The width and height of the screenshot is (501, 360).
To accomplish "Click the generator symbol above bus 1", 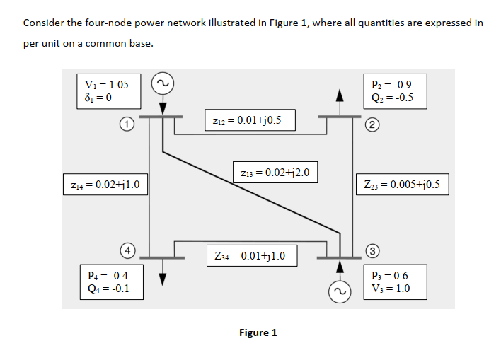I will click(x=163, y=83).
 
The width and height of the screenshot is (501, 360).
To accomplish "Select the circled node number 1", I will click(x=125, y=126).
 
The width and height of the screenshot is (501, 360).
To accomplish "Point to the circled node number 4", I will click(x=125, y=250).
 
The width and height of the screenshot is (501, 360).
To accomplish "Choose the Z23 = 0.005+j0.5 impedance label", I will click(x=402, y=185).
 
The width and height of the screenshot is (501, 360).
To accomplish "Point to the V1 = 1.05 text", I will click(x=107, y=84).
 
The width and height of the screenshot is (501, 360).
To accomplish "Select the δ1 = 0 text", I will click(x=98, y=97).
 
